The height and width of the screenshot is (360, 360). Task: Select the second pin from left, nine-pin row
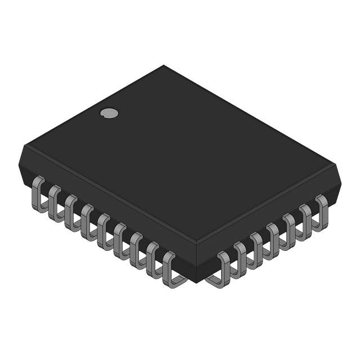click(x=54, y=202)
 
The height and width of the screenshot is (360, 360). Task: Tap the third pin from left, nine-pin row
click(x=70, y=211)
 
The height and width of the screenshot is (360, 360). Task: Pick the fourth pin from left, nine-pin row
click(x=87, y=221)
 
